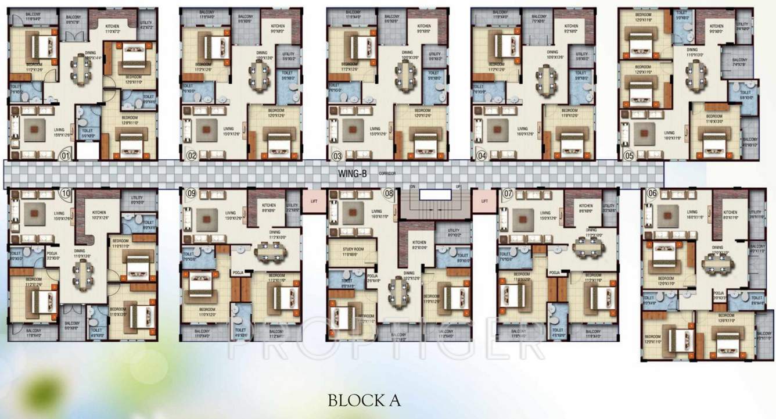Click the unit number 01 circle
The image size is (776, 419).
66,155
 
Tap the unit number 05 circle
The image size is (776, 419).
628,155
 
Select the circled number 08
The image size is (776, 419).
389,193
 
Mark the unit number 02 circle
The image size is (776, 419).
191,155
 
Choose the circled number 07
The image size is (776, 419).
508,193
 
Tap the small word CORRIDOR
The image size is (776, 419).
387,174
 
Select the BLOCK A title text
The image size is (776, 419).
364,400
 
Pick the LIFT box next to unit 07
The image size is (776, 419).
484,202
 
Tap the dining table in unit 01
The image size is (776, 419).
81,70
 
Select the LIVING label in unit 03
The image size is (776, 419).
375,129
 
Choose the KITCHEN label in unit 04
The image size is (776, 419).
571,26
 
